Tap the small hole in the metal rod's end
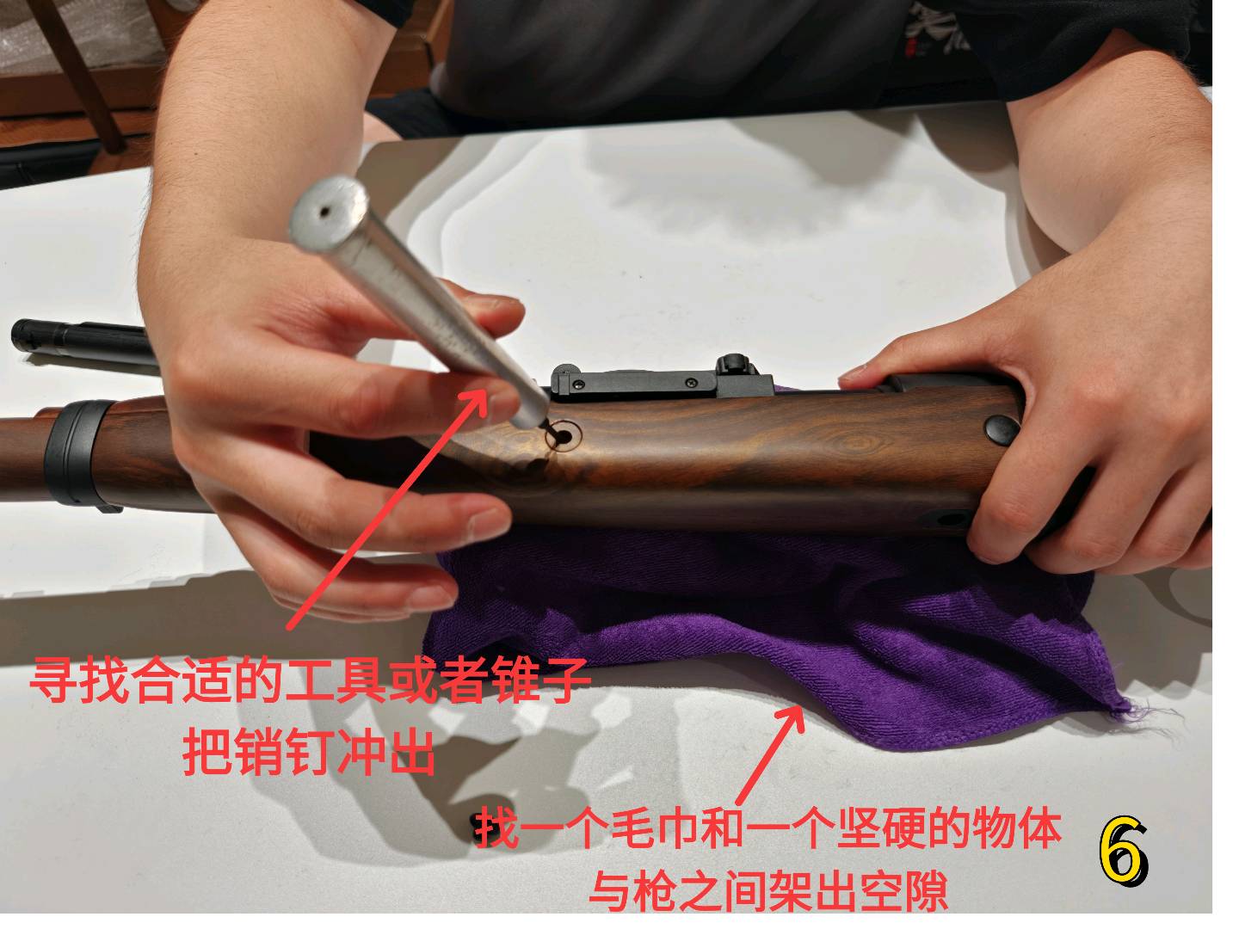point(325,212)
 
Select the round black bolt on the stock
point(1002,428)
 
